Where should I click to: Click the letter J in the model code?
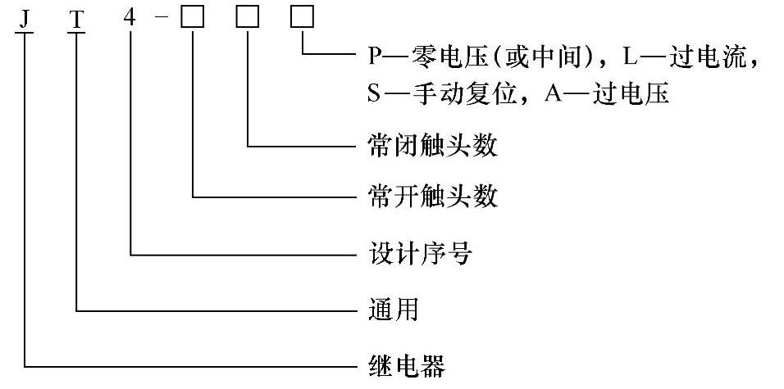[x=26, y=19]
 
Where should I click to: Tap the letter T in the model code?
[x=76, y=19]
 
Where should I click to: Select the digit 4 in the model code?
[x=130, y=18]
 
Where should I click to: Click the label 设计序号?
[x=417, y=254]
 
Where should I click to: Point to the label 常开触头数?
[x=431, y=197]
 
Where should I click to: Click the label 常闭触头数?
[x=431, y=147]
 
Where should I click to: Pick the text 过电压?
[x=636, y=93]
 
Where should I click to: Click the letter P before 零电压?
[x=373, y=60]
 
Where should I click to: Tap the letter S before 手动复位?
[x=373, y=93]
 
